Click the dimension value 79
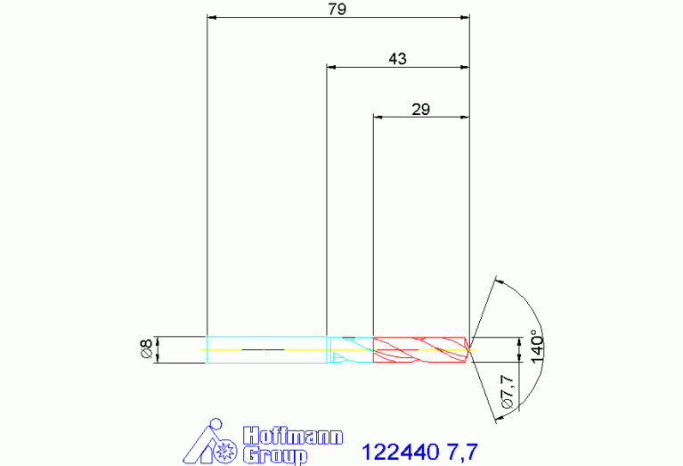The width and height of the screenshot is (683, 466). [337, 9]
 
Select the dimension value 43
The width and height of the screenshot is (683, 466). [397, 59]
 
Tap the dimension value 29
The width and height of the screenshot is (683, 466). [421, 109]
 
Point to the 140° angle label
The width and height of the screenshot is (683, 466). [538, 348]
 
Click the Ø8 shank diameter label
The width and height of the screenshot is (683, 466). [147, 349]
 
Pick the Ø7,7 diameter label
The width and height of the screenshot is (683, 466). [508, 392]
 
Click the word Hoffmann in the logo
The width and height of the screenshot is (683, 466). [293, 436]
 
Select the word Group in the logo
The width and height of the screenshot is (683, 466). [275, 455]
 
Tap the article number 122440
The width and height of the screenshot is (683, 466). [401, 452]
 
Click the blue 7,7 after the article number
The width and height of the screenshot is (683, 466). [462, 453]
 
